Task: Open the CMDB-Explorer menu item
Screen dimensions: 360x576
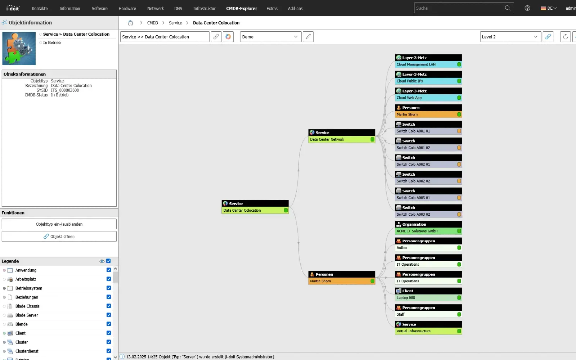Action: coord(242,8)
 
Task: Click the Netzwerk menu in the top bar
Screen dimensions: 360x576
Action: coord(156,8)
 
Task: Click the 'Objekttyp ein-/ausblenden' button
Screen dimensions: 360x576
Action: coord(59,224)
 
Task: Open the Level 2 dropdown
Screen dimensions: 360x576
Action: coord(510,37)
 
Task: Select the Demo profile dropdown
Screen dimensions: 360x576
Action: coord(270,37)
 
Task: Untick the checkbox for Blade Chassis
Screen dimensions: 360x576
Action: coord(109,306)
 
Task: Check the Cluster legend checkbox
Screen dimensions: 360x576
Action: coord(109,342)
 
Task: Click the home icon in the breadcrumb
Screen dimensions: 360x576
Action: coord(130,23)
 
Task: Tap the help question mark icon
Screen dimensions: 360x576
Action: coord(527,8)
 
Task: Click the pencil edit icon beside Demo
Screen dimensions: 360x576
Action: coord(308,37)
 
